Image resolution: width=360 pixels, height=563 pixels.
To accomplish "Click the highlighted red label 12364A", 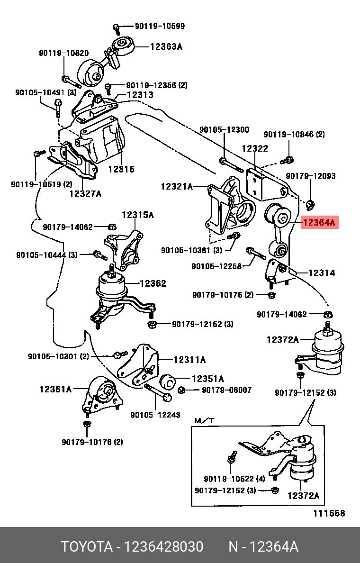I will (x=320, y=221).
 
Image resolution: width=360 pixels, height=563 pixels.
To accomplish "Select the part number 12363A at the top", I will (x=166, y=46).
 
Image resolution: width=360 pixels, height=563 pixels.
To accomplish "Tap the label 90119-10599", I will (x=160, y=27).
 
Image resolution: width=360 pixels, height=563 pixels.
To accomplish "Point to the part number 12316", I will (x=121, y=169).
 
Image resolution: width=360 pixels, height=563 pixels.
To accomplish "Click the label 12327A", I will (x=85, y=193).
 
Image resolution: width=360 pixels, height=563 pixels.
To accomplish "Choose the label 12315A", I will (x=138, y=215).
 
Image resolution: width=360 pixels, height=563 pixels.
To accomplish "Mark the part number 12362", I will (x=153, y=283).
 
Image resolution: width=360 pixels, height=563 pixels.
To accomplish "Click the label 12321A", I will (x=177, y=187).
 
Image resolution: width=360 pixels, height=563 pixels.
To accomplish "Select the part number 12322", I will (x=255, y=148).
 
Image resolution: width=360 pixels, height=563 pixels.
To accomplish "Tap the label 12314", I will (x=321, y=272).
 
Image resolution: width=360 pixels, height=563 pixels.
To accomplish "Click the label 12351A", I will (x=207, y=379).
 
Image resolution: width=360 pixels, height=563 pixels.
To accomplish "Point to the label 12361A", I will (x=55, y=389).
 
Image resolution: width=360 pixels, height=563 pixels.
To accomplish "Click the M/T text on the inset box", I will (x=205, y=421).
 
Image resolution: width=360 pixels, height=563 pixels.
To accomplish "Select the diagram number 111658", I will (x=329, y=513).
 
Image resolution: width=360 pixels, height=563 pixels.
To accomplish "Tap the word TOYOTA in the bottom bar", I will (x=85, y=547).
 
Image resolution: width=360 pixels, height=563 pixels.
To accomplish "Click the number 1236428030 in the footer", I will (x=163, y=547).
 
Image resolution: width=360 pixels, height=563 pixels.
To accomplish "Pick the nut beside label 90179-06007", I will (x=181, y=390).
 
